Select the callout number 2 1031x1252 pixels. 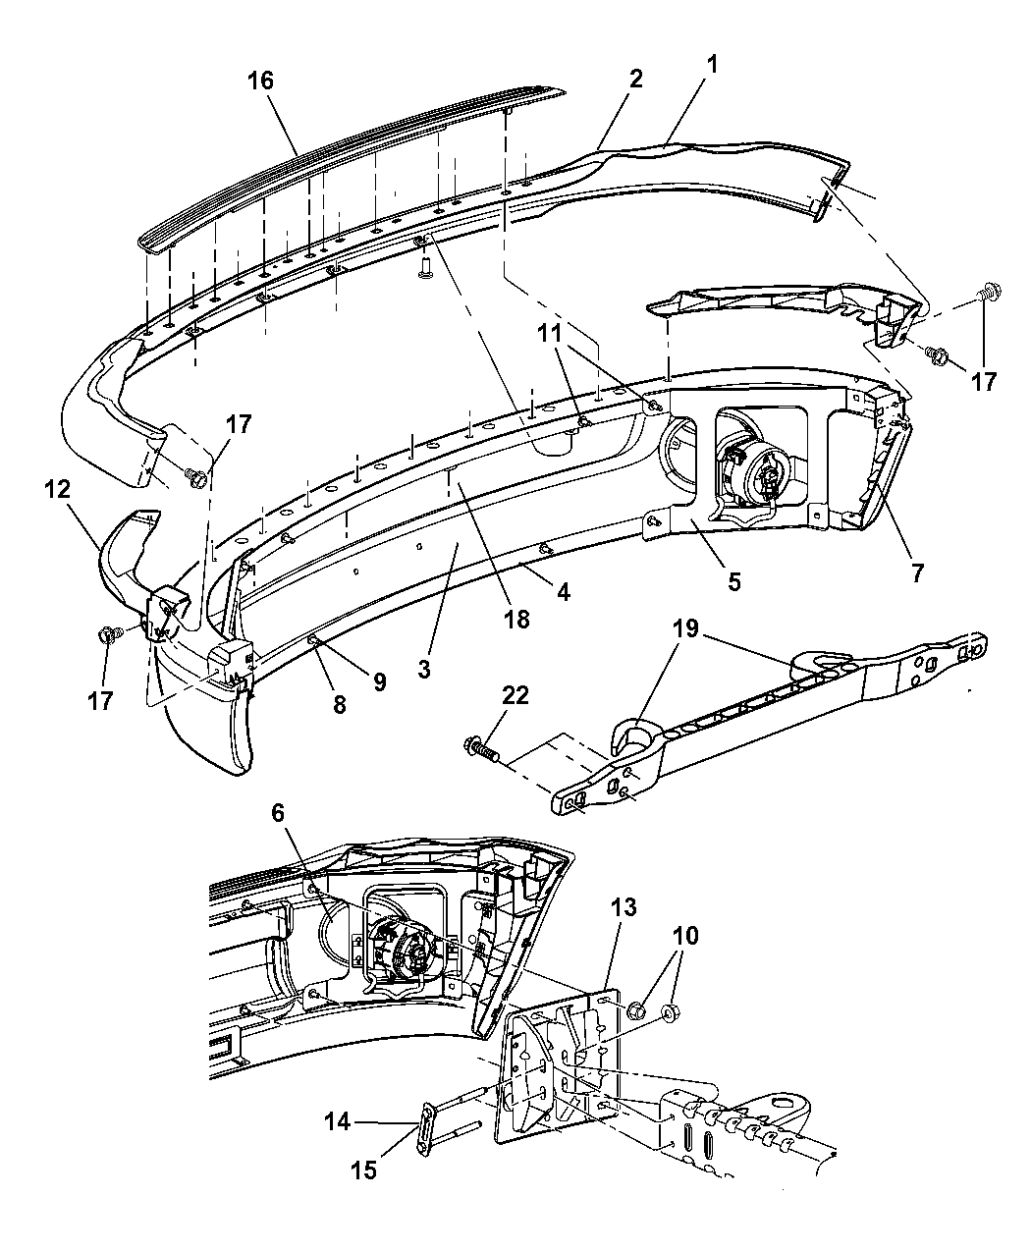point(635,81)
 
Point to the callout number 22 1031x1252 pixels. point(515,696)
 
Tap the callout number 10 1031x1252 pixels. point(685,936)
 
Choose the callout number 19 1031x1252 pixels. point(685,628)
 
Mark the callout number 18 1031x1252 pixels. point(516,619)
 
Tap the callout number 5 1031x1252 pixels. point(734,580)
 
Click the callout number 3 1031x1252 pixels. point(423,671)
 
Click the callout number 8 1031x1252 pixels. point(339,703)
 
